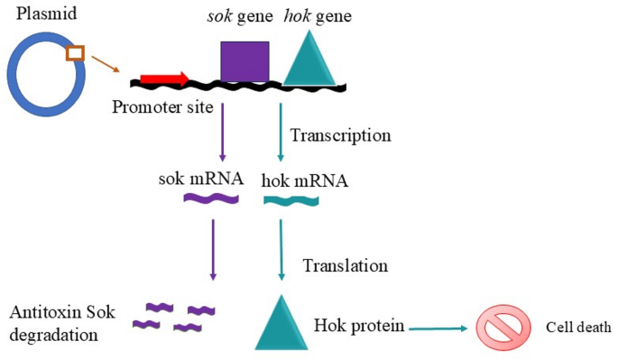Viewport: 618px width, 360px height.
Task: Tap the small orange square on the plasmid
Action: coord(76,54)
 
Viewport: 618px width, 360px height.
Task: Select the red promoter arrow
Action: coord(163,79)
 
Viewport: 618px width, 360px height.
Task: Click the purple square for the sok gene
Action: coord(244,61)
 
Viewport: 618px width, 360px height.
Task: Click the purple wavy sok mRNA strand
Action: coord(213,196)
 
